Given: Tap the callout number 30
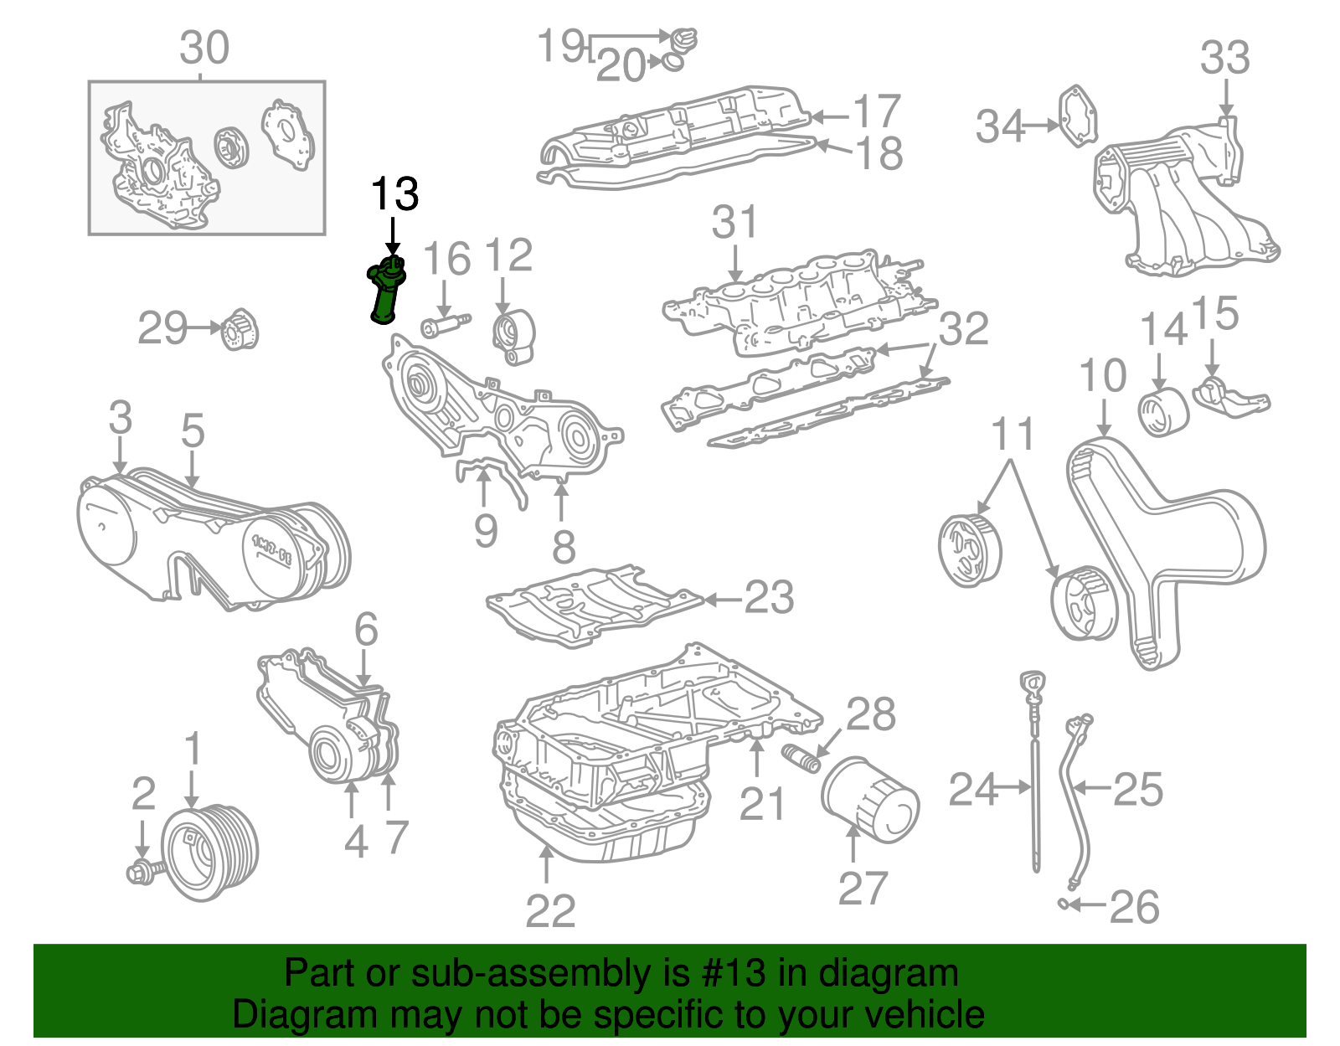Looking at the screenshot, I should [x=204, y=49].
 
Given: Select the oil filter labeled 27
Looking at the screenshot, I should [x=869, y=799].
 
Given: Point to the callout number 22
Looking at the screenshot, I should [x=550, y=911].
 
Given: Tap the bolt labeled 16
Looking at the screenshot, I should [x=445, y=324].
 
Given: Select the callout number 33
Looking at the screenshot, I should [x=1224, y=59].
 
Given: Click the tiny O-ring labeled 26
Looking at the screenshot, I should [x=1062, y=903].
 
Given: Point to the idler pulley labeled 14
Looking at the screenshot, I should [x=1163, y=411].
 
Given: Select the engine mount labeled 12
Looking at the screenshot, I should [x=513, y=336].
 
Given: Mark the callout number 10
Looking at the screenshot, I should [x=1102, y=377].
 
